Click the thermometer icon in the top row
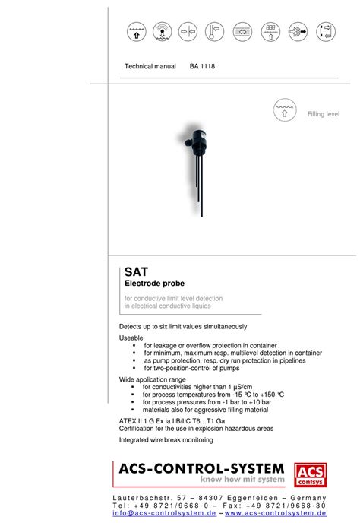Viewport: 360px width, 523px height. [215, 31]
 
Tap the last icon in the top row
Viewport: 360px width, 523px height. [324, 31]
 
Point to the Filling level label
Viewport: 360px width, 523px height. [323, 114]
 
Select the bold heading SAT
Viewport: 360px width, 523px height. [137, 271]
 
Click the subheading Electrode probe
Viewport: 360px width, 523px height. [155, 284]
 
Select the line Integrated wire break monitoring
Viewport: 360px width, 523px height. [166, 439]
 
